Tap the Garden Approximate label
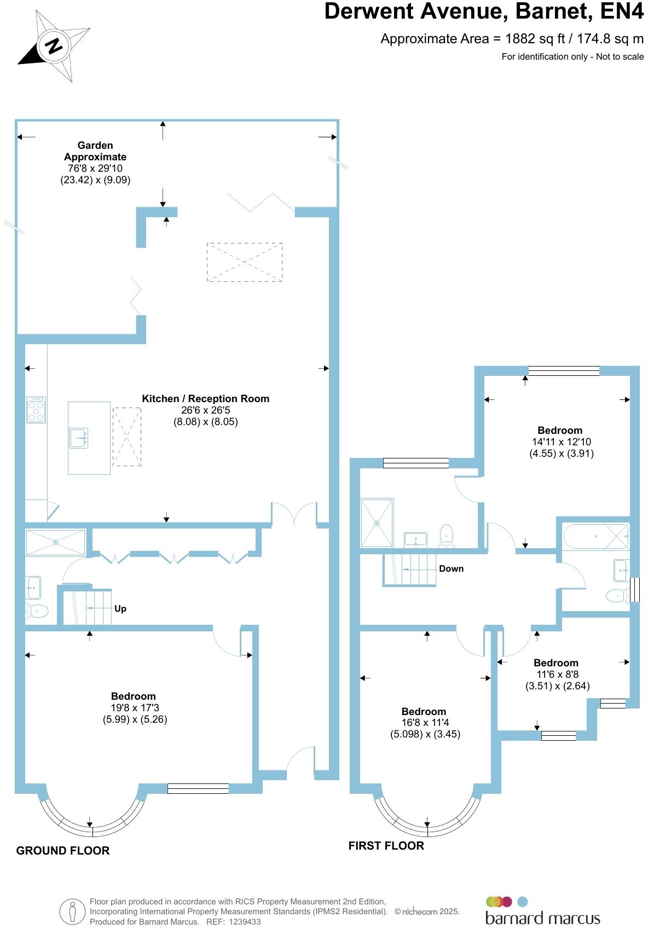pyautogui.click(x=95, y=151)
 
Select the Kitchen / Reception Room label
pyautogui.click(x=205, y=399)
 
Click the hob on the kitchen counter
pyautogui.click(x=36, y=410)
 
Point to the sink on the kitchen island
pyautogui.click(x=78, y=438)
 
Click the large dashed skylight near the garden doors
pyautogui.click(x=245, y=262)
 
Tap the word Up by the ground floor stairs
pyautogui.click(x=120, y=609)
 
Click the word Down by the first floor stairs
pyautogui.click(x=451, y=569)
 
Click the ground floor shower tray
pyautogui.click(x=55, y=542)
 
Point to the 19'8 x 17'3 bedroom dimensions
pyautogui.click(x=135, y=708)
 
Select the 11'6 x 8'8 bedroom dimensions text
pyautogui.click(x=557, y=675)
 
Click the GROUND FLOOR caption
pyautogui.click(x=63, y=851)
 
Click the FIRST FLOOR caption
pyautogui.click(x=386, y=846)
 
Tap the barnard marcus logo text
pyautogui.click(x=542, y=918)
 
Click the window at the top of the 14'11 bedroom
pyautogui.click(x=564, y=371)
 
